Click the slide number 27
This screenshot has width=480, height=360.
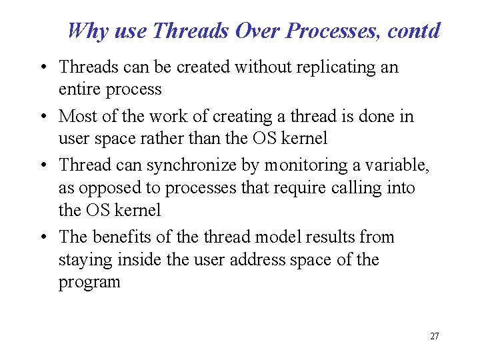[x=434, y=336]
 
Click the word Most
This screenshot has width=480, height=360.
[x=77, y=116]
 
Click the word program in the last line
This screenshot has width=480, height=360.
[x=89, y=283]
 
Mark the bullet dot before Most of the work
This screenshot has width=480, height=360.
[x=43, y=117]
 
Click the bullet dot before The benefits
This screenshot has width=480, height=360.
[x=43, y=238]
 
